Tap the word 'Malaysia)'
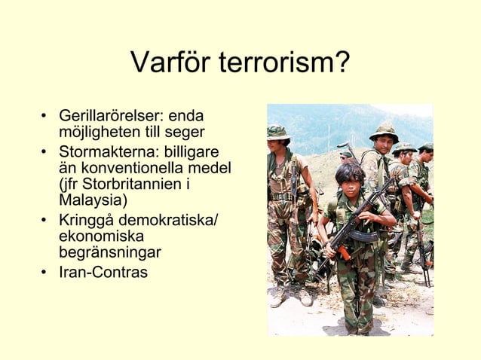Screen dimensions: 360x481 point(93,200)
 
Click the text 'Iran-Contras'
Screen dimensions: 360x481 point(103,271)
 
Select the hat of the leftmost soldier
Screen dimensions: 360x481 point(277,132)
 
